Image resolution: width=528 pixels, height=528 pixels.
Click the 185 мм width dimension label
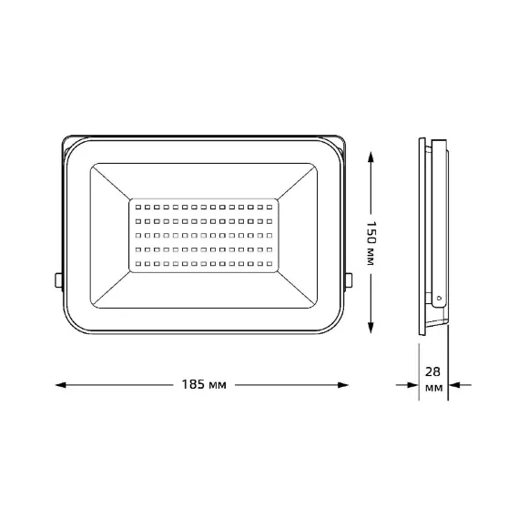coord(204,384)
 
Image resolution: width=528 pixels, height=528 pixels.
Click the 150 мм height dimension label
coord(371,243)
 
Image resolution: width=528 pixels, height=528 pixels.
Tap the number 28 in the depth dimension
coord(432,371)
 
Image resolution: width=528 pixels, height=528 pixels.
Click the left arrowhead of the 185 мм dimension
coord(61,385)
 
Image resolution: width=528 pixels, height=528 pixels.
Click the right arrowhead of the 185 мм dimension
coord(343,385)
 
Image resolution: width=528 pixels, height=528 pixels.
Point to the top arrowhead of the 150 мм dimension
coord(371,157)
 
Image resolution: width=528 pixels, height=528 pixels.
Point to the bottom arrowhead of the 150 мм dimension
coord(371,328)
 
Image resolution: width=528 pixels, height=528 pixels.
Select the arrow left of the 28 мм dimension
coord(407,385)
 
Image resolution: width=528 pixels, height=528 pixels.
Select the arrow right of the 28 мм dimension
coord(460,385)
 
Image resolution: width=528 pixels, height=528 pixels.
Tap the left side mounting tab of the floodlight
coord(58,280)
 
